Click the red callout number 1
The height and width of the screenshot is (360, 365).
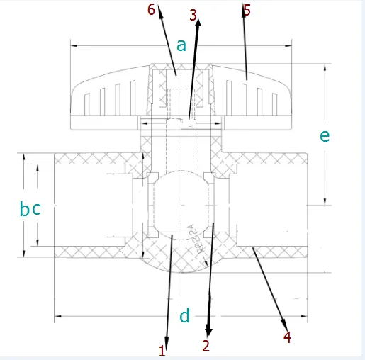pyautogui.click(x=162, y=349)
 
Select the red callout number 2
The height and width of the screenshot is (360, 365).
pyautogui.click(x=206, y=346)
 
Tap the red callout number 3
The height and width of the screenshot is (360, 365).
pyautogui.click(x=194, y=14)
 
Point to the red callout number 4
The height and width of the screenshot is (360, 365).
pyautogui.click(x=287, y=337)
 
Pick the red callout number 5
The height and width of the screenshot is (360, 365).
pyautogui.click(x=247, y=10)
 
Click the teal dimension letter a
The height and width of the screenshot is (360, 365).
pyautogui.click(x=181, y=45)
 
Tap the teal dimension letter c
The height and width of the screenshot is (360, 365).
pyautogui.click(x=37, y=209)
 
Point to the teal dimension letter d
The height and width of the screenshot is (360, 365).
pyautogui.click(x=184, y=316)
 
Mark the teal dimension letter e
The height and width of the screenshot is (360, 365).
pyautogui.click(x=325, y=135)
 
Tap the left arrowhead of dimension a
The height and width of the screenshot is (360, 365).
pyautogui.click(x=73, y=47)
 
